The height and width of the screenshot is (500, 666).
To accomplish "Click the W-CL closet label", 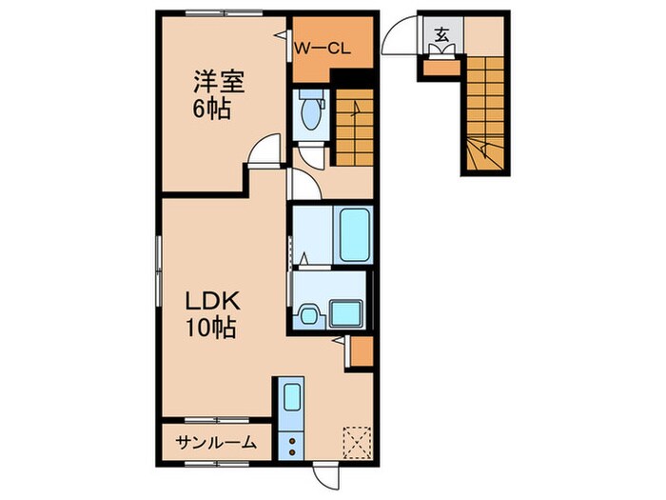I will pyautogui.click(x=323, y=48).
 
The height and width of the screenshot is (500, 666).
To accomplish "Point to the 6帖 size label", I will pyautogui.click(x=211, y=109).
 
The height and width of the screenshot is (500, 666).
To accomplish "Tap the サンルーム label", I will pyautogui.click(x=216, y=442).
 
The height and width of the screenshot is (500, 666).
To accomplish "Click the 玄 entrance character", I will pyautogui.click(x=441, y=35).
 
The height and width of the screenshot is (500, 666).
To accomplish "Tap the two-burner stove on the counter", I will pyautogui.click(x=291, y=443).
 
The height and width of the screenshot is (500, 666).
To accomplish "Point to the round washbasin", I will pyautogui.click(x=308, y=314).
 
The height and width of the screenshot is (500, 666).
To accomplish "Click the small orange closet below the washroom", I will pyautogui.click(x=360, y=350).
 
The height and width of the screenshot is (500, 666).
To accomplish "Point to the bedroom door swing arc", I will pyautogui.click(x=266, y=150).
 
